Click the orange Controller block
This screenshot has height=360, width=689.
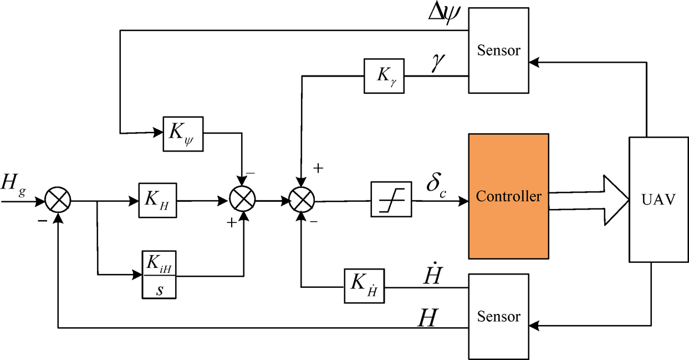tap(508, 196)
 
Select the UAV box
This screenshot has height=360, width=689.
tap(659, 199)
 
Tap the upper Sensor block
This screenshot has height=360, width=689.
tap(499, 50)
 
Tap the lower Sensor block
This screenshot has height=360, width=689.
tap(499, 316)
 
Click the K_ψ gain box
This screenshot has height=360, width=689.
tap(183, 134)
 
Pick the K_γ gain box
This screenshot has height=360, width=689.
tap(384, 75)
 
